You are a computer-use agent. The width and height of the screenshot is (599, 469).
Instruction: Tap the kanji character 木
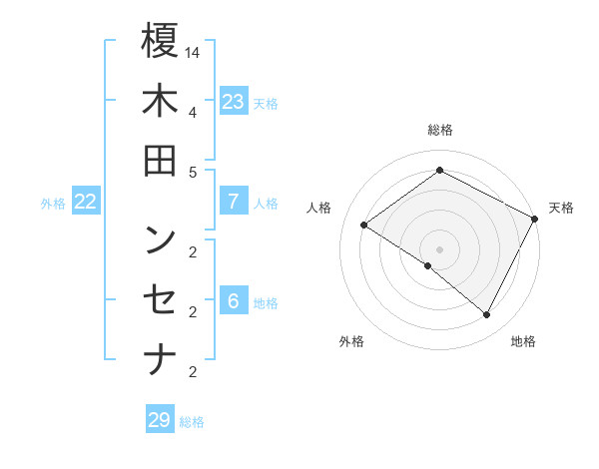(160, 102)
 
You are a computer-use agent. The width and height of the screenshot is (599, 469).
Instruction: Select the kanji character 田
(160, 162)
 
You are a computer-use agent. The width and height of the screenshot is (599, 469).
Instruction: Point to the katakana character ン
(160, 239)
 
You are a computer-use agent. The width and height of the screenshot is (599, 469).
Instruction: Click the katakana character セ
(160, 300)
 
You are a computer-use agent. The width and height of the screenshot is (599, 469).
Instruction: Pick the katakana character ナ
(160, 360)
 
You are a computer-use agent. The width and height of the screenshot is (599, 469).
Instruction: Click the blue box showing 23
(234, 102)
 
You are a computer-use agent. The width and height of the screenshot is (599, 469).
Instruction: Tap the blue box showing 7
(234, 202)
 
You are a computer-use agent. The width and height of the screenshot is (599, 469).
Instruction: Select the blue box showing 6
(234, 302)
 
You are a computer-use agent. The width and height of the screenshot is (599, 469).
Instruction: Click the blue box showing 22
(86, 202)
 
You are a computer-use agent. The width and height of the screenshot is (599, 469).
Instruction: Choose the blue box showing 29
(159, 420)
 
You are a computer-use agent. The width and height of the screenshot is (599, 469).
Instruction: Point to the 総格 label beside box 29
(192, 422)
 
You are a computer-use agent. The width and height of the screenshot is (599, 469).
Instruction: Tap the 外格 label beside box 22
(53, 204)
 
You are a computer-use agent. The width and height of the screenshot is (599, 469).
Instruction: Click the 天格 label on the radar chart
(561, 208)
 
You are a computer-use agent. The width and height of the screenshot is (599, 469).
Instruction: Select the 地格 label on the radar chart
(523, 341)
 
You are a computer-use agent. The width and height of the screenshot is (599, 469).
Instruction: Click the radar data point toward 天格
(534, 219)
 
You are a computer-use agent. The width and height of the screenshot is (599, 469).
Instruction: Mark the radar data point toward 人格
(364, 225)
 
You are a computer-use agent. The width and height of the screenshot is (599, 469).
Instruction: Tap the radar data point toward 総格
(439, 170)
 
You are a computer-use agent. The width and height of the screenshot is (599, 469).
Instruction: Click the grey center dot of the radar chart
(439, 248)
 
